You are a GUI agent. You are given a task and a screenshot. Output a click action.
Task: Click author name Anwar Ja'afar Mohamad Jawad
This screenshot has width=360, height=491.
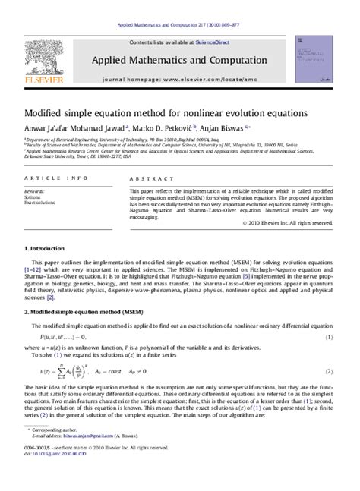click(x=74, y=128)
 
